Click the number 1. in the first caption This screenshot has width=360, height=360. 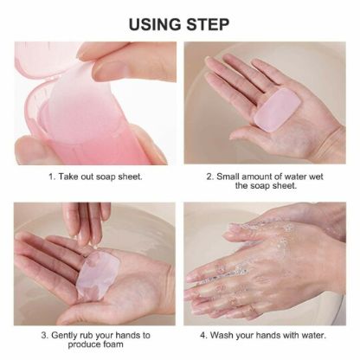tap(50, 177)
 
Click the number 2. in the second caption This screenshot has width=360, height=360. tap(210, 177)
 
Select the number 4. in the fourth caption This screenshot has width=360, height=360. tap(206, 334)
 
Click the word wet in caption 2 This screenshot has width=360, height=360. tap(330, 177)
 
